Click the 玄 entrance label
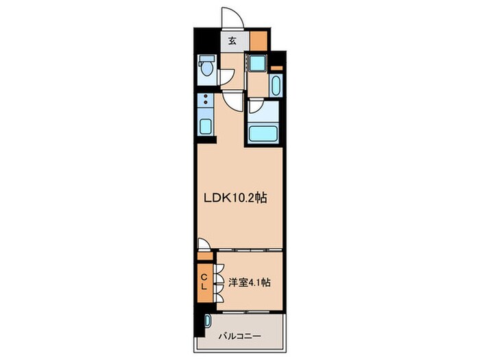(x=232, y=40)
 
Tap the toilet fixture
(x=206, y=67)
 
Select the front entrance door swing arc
(x=230, y=19)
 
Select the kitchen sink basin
(x=204, y=125)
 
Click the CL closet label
(x=204, y=280)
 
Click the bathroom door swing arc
(x=254, y=106)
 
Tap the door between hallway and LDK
(x=233, y=101)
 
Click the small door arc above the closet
(x=204, y=245)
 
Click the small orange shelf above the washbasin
(x=276, y=68)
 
